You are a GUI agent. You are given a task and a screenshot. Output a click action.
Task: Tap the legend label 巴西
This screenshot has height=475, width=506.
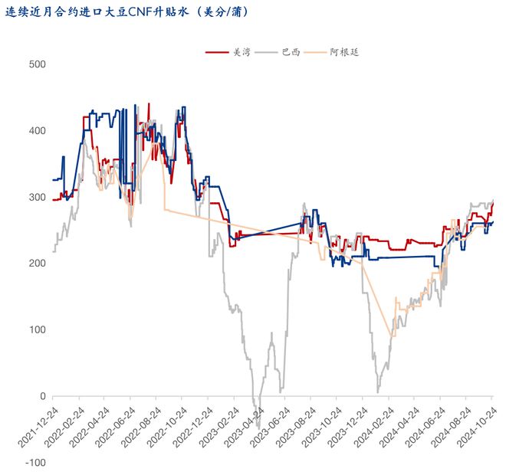tap(291, 53)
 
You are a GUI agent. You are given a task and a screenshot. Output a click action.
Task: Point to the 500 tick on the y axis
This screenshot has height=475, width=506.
tap(36, 64)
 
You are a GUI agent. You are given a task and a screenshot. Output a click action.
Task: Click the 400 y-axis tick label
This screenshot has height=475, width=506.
tap(36, 131)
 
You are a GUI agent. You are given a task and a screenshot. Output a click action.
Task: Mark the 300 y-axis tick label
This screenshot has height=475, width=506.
tap(36, 197)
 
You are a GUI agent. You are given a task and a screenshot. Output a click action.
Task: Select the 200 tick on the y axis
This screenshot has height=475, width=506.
tap(36, 264)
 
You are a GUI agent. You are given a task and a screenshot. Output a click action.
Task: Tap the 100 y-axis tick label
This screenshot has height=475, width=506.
tap(36, 329)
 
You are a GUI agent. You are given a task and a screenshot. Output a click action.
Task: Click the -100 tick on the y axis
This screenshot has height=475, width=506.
tap(34, 463)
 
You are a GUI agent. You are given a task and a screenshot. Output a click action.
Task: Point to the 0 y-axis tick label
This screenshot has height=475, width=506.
tap(41, 396)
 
